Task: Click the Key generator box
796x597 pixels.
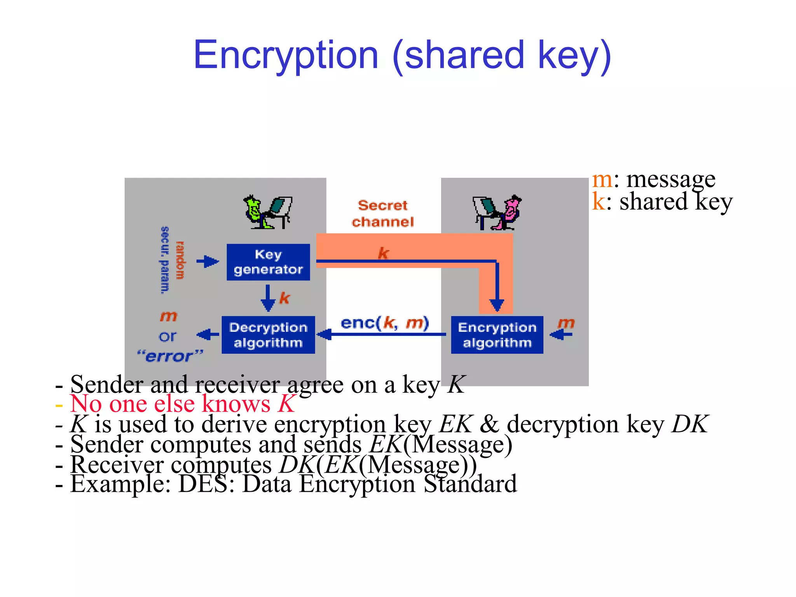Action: pyautogui.click(x=268, y=262)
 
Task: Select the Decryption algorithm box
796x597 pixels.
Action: pyautogui.click(x=268, y=335)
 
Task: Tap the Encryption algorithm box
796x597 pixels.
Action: pyautogui.click(x=497, y=335)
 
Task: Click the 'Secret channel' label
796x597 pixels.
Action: pyautogui.click(x=382, y=213)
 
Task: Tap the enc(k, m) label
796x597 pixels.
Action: pyautogui.click(x=384, y=323)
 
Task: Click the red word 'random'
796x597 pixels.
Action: pyautogui.click(x=180, y=260)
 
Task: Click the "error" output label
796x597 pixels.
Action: pyautogui.click(x=170, y=356)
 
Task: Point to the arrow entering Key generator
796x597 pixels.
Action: pyautogui.click(x=208, y=262)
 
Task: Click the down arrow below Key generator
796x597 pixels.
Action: pyautogui.click(x=268, y=298)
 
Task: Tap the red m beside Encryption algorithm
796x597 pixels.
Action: pyautogui.click(x=566, y=323)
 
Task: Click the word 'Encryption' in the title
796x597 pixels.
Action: pyautogui.click(x=286, y=55)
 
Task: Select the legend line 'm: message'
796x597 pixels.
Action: pyautogui.click(x=653, y=180)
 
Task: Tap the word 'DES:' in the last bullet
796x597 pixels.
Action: pyautogui.click(x=206, y=484)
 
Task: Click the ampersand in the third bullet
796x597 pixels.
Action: pyautogui.click(x=489, y=424)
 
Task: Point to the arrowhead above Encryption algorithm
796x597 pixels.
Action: pyautogui.click(x=496, y=305)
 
